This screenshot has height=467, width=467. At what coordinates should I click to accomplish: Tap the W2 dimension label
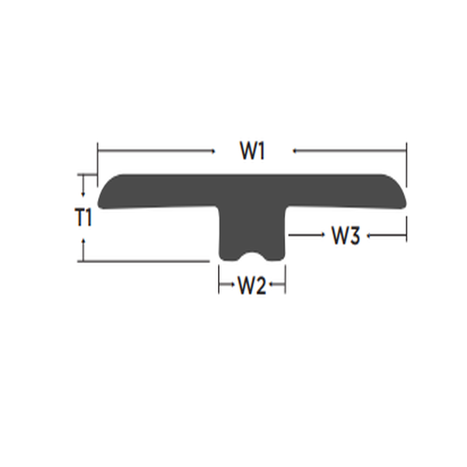click(x=251, y=286)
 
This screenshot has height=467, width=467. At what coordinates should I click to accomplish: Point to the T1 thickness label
click(x=84, y=218)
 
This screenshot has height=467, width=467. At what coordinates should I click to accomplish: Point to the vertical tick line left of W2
click(x=219, y=280)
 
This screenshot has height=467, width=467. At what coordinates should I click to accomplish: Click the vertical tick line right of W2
click(x=286, y=280)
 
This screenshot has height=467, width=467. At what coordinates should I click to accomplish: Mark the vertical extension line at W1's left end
click(x=97, y=160)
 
